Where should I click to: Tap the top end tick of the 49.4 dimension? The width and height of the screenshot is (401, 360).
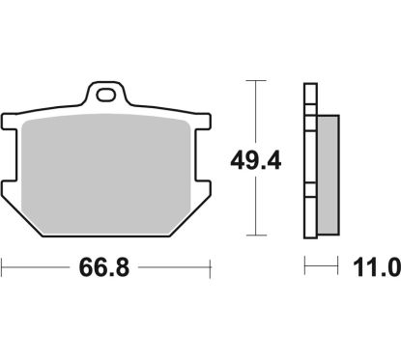point(255,83)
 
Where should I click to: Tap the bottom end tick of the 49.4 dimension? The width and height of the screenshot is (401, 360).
point(255,235)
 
